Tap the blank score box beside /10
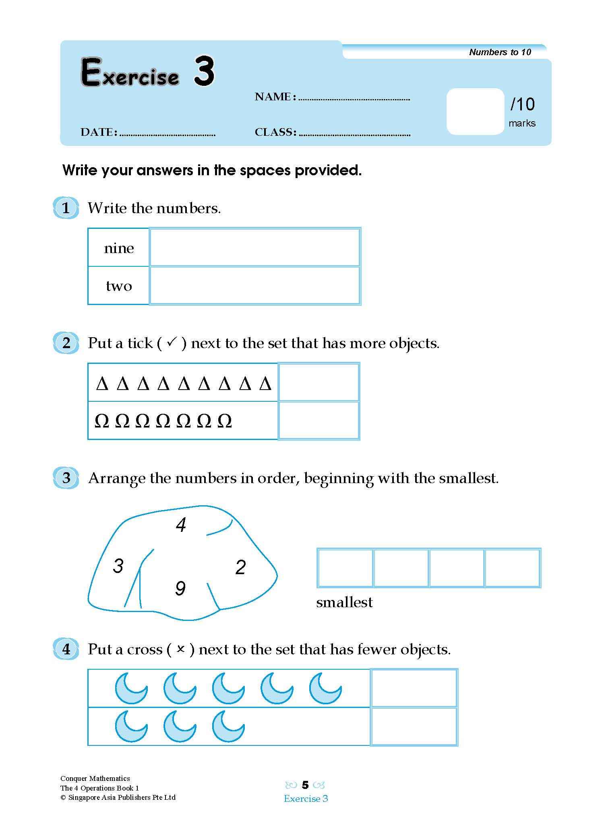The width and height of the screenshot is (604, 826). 475,111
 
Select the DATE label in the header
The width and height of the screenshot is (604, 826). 99,132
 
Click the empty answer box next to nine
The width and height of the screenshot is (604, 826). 254,247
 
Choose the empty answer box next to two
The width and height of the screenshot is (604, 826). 254,285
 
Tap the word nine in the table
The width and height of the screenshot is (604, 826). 119,248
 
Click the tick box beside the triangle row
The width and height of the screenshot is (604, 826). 319,382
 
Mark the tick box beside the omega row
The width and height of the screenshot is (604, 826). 319,420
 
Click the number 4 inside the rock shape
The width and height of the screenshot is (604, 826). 181,525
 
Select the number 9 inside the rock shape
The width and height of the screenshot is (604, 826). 180,589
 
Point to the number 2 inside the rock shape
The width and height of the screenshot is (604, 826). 240,567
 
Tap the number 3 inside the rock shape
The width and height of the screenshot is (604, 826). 118,566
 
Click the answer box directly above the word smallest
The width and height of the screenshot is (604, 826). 345,568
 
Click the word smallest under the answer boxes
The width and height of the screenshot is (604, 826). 344,602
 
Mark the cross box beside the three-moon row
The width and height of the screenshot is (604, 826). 414,727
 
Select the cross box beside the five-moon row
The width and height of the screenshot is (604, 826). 414,688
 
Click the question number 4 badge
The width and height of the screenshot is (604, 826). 66,649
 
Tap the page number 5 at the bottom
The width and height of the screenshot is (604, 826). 305,785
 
